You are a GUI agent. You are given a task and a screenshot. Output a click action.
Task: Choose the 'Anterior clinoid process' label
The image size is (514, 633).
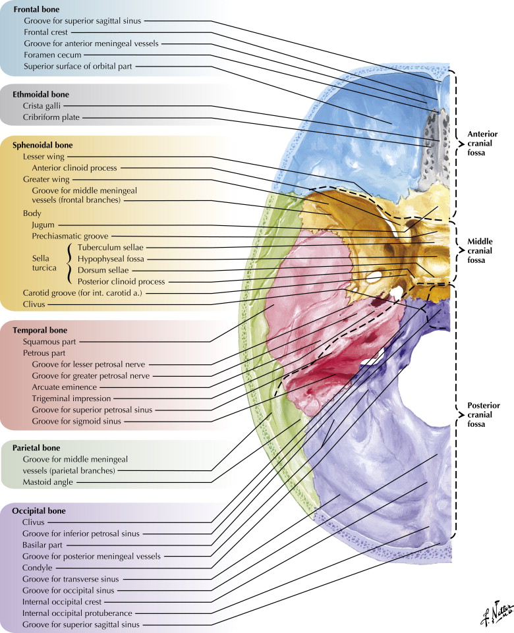tap(74, 168)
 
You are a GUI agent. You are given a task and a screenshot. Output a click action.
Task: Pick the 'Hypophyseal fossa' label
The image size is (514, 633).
tap(110, 259)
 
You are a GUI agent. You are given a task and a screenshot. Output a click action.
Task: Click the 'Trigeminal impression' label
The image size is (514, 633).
tap(71, 399)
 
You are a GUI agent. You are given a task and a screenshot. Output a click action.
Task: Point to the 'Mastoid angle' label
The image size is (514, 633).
tap(47, 482)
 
